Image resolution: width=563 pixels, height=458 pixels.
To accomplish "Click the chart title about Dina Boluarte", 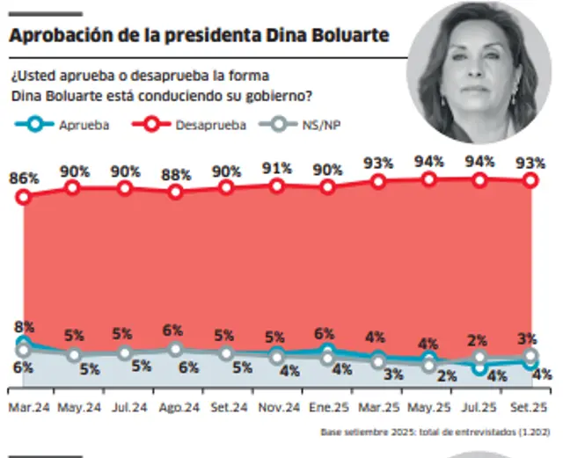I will point(199,37).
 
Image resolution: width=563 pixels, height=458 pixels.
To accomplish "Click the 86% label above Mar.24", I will point(24,178).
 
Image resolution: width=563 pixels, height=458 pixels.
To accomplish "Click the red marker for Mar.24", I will point(25,197).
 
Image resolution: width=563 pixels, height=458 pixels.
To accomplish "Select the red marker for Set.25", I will point(530,180).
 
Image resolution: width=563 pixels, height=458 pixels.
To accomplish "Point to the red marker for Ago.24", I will point(176,192).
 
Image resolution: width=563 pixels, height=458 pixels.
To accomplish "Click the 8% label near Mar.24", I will point(24,327).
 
